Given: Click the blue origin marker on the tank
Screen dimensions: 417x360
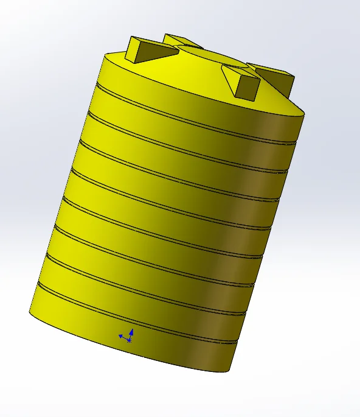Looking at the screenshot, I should (x=128, y=339).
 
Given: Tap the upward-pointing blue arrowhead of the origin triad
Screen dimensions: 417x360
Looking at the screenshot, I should (x=131, y=332).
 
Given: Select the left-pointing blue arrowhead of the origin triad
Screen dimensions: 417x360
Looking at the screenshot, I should (x=120, y=335).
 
